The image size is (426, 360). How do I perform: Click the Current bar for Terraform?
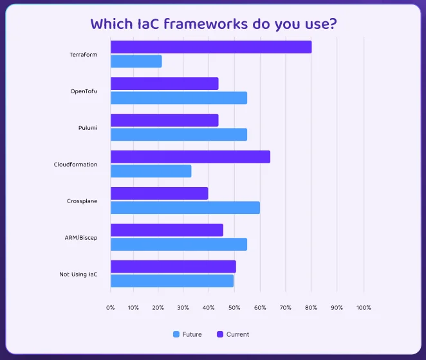click(x=211, y=47)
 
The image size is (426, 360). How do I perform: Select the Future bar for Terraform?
click(x=136, y=62)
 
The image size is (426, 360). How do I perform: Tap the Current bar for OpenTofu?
click(x=165, y=84)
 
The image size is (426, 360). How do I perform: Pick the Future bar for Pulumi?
click(x=179, y=134)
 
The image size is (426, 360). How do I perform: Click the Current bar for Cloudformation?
click(x=190, y=157)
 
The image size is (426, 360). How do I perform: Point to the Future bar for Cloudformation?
click(x=151, y=171)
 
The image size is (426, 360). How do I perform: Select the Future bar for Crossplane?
click(x=185, y=208)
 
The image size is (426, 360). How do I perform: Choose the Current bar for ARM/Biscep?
click(x=167, y=230)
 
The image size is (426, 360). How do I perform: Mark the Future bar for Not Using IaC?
click(x=172, y=281)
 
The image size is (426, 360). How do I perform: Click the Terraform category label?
click(x=84, y=55)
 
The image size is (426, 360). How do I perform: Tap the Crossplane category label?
click(x=82, y=201)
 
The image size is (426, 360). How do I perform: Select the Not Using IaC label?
click(x=79, y=274)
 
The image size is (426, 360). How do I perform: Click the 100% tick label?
click(x=364, y=308)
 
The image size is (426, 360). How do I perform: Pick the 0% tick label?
click(x=111, y=308)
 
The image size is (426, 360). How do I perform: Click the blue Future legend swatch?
click(x=176, y=334)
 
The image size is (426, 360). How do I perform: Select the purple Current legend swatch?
click(x=219, y=334)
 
